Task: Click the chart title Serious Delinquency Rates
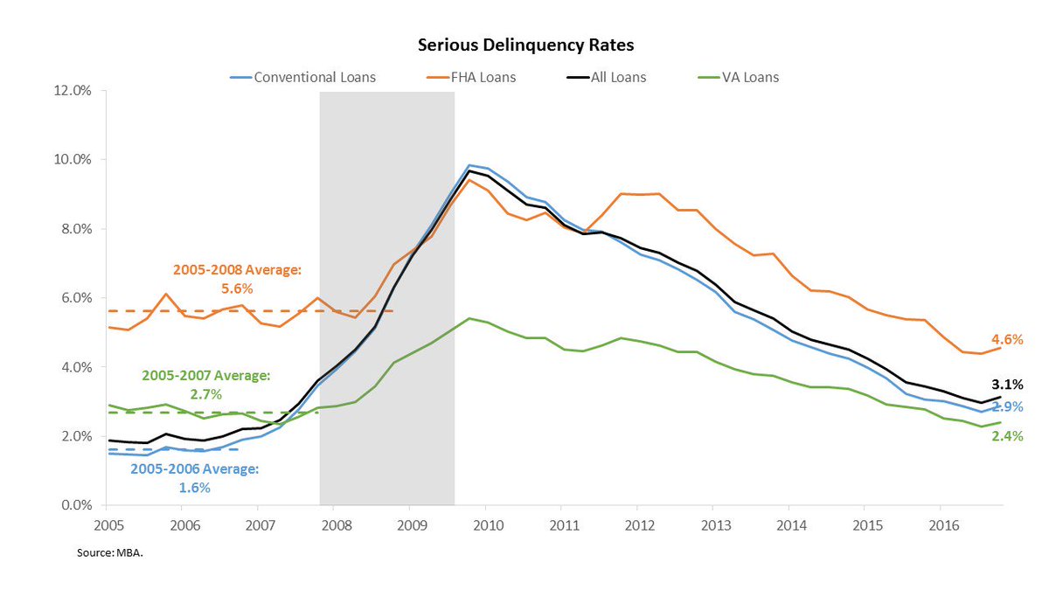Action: tap(524, 44)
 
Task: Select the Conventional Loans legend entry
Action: tap(314, 77)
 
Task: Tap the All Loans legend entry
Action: tap(617, 77)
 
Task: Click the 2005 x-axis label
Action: tap(106, 527)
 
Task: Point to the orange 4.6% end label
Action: tap(1007, 340)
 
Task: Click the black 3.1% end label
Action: tap(1007, 384)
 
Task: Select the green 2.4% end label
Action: tap(1007, 435)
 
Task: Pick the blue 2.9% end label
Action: tap(1007, 407)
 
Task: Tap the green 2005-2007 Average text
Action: tap(206, 375)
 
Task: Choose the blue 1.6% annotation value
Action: tap(195, 488)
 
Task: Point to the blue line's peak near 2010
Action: tap(469, 165)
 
